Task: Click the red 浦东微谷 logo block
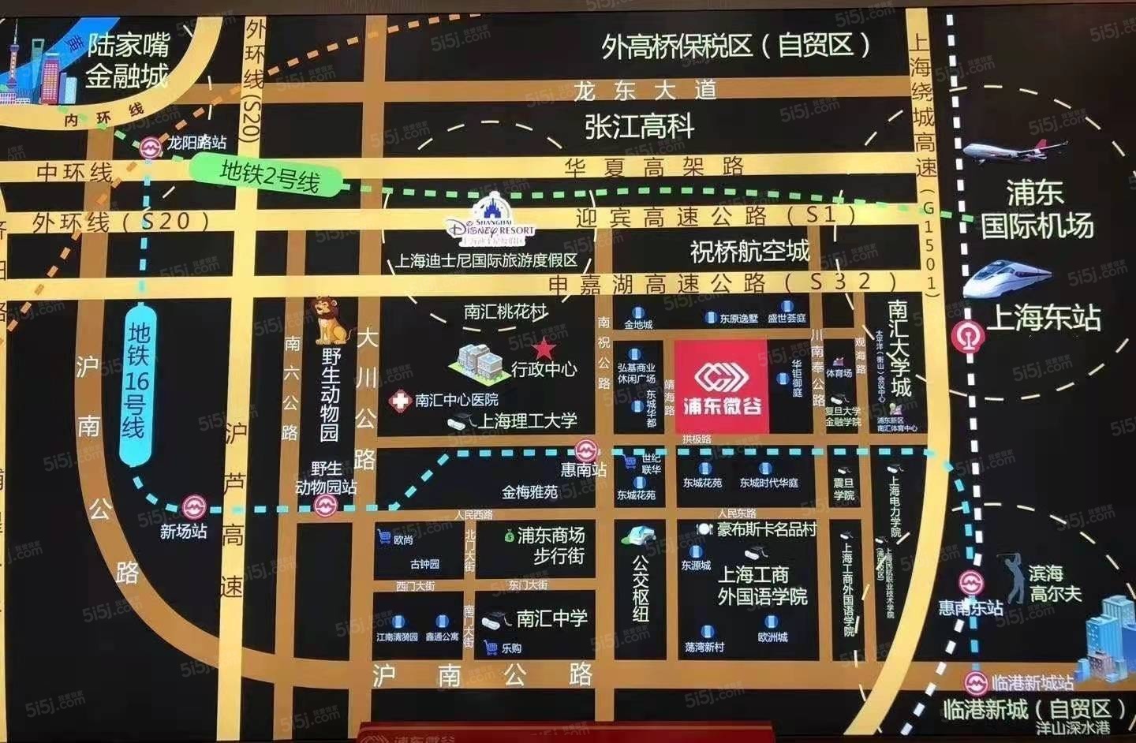click(721, 386)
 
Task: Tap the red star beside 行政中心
click(544, 348)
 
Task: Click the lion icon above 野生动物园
click(329, 319)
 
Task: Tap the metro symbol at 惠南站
click(585, 450)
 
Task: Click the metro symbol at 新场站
click(193, 507)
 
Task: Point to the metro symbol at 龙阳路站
click(150, 147)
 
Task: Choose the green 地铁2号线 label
click(269, 175)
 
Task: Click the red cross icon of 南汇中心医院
click(400, 401)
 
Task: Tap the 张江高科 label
click(639, 126)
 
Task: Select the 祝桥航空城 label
click(749, 251)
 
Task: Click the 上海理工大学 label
click(527, 421)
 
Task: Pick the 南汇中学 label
click(551, 618)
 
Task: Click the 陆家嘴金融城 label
click(127, 60)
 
